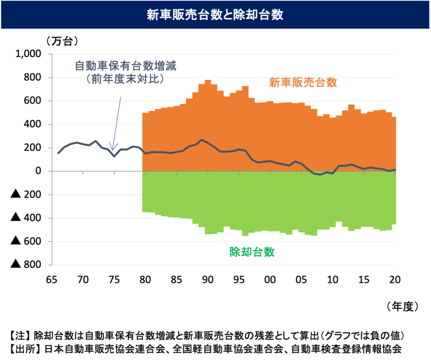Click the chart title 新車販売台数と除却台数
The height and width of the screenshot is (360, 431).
coord(215,15)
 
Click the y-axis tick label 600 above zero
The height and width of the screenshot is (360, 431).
coord(34,101)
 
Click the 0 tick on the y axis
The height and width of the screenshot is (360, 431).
coord(41,171)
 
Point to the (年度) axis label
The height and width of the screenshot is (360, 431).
coord(403,305)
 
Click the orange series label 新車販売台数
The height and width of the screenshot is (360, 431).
coord(303,82)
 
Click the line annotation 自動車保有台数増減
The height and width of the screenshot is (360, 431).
coord(129,66)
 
